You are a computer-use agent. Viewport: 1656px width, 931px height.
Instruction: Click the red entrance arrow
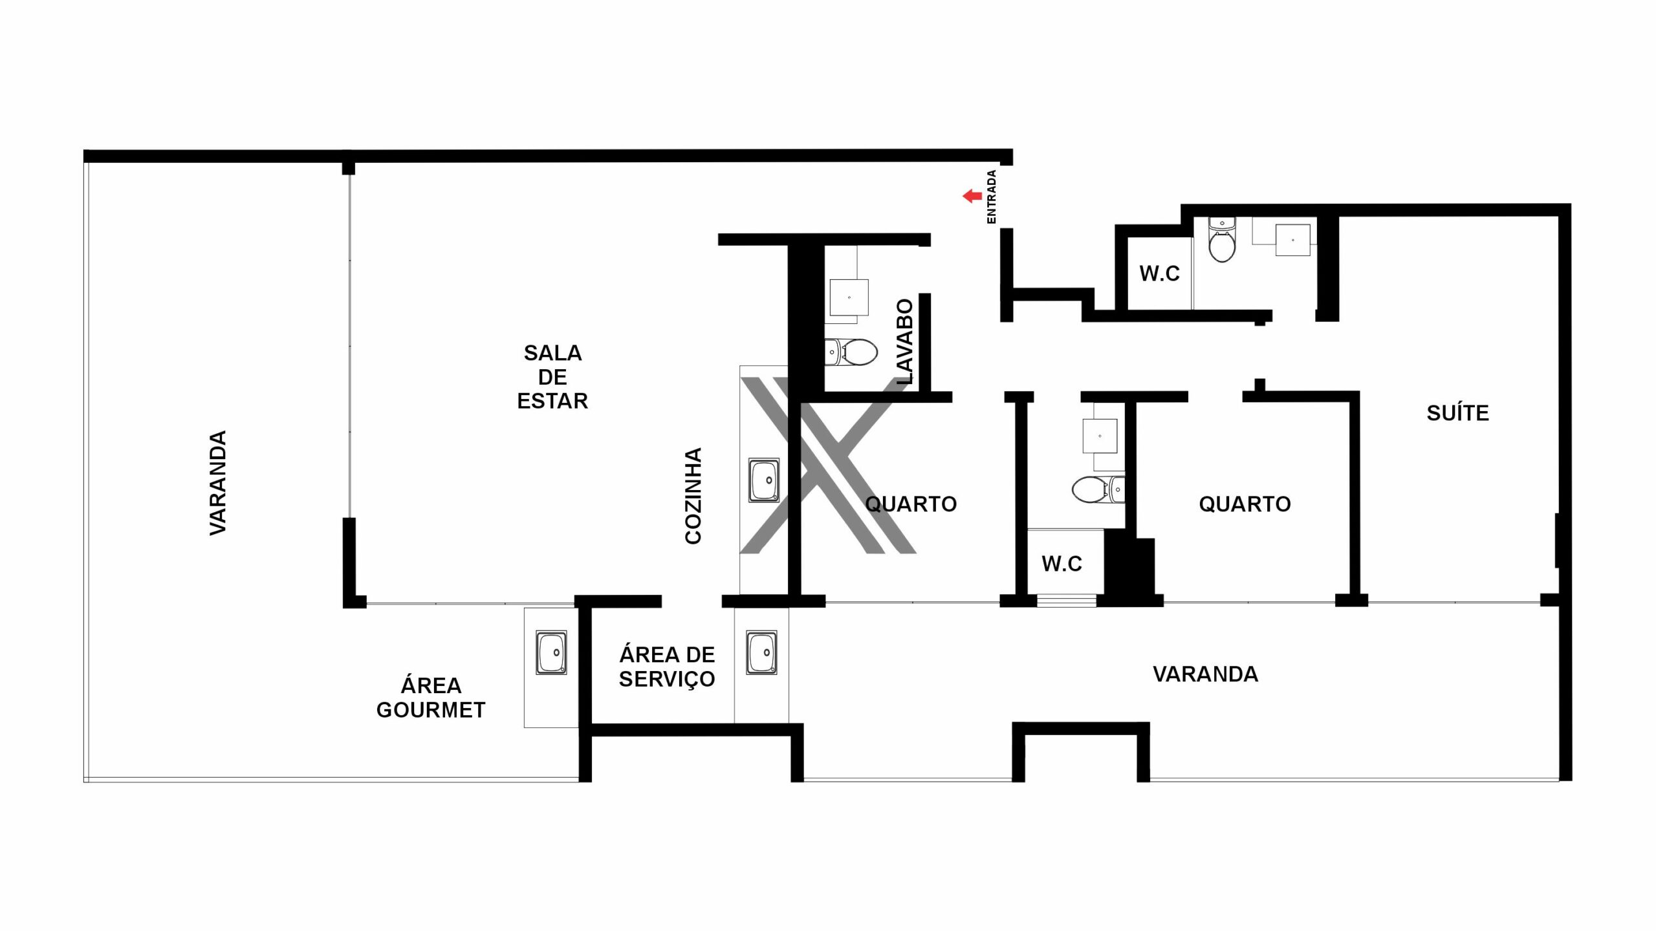click(x=972, y=197)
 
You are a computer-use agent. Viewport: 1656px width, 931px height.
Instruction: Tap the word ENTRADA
click(x=991, y=197)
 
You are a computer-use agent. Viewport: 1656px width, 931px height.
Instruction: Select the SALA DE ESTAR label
click(x=552, y=377)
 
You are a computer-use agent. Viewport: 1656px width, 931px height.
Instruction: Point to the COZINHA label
click(x=693, y=496)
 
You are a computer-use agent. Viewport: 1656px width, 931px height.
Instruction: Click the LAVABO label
click(x=905, y=342)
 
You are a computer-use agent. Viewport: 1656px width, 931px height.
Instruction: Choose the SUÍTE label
click(x=1457, y=413)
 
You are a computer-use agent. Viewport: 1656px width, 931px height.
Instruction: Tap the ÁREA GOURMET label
click(x=431, y=698)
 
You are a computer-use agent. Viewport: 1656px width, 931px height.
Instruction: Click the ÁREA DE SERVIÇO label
click(x=667, y=667)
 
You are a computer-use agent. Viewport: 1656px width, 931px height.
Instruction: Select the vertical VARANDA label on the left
click(x=218, y=483)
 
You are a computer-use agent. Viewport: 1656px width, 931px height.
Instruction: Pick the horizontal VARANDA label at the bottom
click(x=1206, y=674)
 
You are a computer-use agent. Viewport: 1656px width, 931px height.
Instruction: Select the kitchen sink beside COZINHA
click(x=764, y=480)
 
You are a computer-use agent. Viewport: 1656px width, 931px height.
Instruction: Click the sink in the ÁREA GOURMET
click(x=551, y=653)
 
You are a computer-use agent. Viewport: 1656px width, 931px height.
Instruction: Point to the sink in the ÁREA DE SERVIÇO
click(x=761, y=653)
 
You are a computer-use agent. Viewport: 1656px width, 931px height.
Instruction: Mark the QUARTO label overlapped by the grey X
click(x=911, y=504)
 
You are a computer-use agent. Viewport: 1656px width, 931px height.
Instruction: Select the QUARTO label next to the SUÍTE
click(x=1245, y=504)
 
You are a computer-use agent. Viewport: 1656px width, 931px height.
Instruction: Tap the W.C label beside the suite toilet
click(x=1159, y=273)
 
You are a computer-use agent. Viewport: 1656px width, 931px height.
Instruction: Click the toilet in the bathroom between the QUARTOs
click(x=1098, y=489)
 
